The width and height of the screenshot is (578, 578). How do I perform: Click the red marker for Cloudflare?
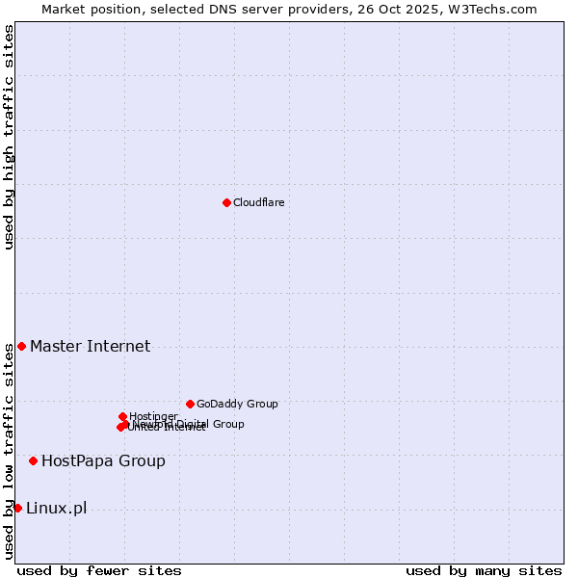[x=226, y=202]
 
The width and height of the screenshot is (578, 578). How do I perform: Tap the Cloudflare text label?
[x=258, y=202]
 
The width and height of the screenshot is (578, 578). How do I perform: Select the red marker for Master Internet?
[x=21, y=346]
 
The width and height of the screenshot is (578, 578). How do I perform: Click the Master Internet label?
[x=90, y=347]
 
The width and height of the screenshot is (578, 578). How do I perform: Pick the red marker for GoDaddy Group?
[x=190, y=404]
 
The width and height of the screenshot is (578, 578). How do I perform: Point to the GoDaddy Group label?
[x=237, y=405]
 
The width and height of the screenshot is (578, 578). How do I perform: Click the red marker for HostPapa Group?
[x=33, y=460]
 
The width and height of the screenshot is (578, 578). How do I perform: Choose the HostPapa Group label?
[x=103, y=461]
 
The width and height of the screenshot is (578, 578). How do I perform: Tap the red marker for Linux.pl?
[x=17, y=508]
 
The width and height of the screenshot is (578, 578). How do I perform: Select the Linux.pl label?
[x=56, y=509]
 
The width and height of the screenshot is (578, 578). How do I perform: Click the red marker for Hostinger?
[x=122, y=416]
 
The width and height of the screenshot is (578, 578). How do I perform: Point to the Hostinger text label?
[x=153, y=416]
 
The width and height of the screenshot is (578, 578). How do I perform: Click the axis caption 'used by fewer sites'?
[x=99, y=571]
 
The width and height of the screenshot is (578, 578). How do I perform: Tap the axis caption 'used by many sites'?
[x=484, y=571]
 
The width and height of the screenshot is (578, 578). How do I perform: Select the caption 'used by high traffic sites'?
[x=9, y=137]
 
